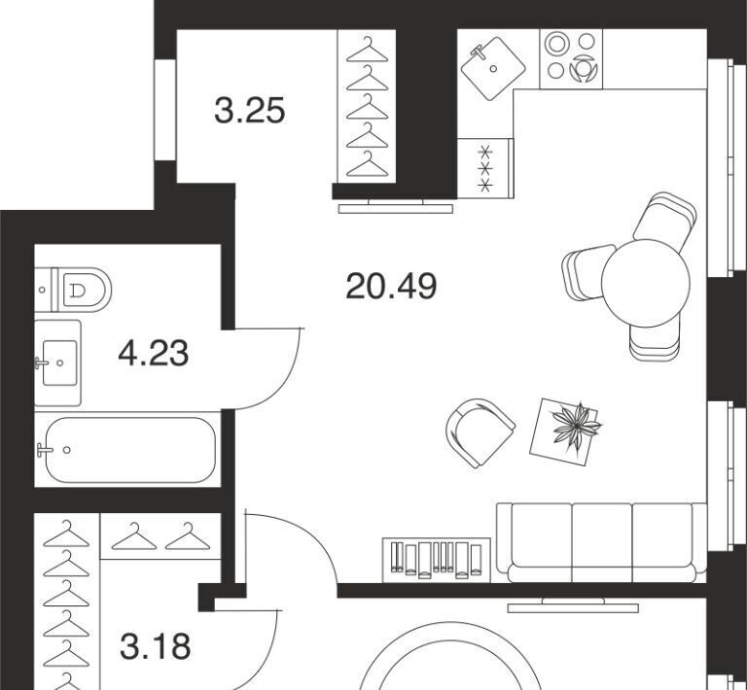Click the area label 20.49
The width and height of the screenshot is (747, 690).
pos(391,286)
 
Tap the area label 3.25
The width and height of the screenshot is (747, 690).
pos(250,111)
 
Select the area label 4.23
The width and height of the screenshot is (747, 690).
pos(154,353)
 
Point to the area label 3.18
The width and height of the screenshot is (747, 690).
pos(156,645)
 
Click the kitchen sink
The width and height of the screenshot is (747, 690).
pos(493,69)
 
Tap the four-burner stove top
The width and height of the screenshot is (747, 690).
pos(571,59)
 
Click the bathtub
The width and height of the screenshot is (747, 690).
pos(129,450)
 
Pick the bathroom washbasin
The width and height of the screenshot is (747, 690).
pos(57,362)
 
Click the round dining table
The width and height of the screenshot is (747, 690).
pos(646,283)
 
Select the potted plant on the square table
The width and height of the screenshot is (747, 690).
pos(576,425)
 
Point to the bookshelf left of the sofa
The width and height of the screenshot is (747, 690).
pos(437,560)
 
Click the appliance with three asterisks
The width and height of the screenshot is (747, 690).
pos(485,168)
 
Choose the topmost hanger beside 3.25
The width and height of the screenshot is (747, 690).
pos(368,49)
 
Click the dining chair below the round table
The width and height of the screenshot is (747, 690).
pos(654,341)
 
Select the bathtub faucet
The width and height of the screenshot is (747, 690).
pos(45,450)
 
